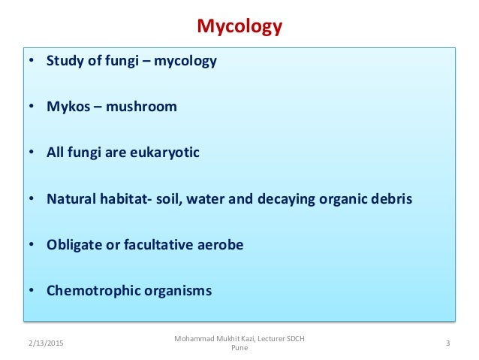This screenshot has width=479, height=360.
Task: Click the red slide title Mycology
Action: tap(239, 28)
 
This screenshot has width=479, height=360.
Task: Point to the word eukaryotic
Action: tap(163, 153)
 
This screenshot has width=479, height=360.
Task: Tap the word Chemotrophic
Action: tap(92, 291)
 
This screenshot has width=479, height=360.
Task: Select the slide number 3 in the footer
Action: tap(447, 344)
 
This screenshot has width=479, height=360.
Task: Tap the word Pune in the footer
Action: tap(239, 349)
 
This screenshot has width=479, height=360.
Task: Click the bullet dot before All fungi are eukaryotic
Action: tap(32, 153)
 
